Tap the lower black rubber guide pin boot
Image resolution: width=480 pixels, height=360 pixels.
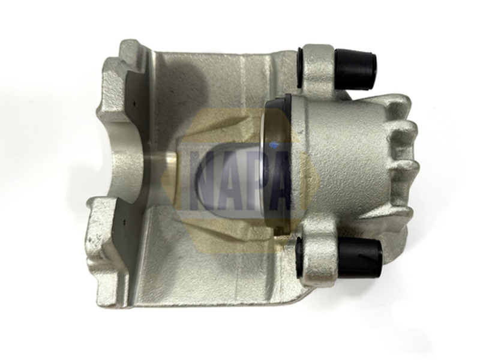[360, 257]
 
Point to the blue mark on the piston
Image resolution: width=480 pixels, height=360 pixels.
[274, 143]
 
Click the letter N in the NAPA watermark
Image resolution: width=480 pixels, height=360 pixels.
[201, 181]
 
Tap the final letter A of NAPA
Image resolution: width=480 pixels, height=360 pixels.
[277, 181]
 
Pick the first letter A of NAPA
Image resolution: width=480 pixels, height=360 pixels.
[226, 181]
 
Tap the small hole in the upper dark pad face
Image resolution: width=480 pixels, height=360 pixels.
[134, 103]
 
